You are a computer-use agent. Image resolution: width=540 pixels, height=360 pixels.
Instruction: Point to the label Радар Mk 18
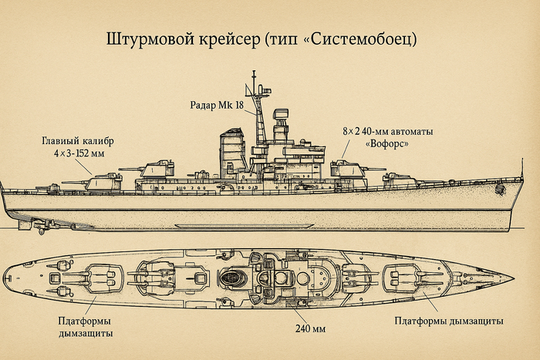point(218,104)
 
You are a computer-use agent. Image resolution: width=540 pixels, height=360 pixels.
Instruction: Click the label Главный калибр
point(79,141)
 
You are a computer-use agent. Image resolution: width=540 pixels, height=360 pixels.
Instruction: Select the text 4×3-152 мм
point(79,154)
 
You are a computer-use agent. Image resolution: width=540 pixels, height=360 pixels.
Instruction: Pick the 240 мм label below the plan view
point(310,329)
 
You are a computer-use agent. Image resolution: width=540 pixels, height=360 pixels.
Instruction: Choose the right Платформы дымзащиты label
point(449,320)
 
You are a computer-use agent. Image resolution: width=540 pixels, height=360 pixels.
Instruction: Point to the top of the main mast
point(253,74)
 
